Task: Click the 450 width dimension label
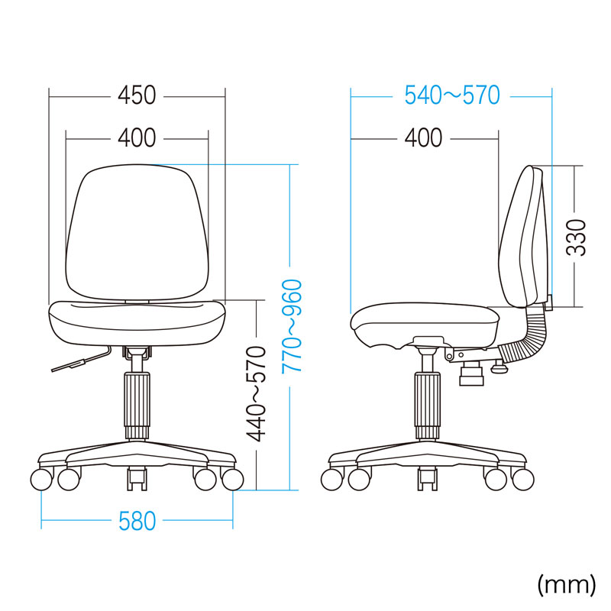click(137, 95)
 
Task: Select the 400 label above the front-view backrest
click(137, 138)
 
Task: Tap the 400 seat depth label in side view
click(423, 138)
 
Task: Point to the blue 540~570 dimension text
click(451, 95)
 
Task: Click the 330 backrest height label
click(579, 238)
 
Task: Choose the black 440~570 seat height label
click(258, 394)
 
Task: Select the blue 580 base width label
click(137, 522)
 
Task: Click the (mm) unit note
click(566, 584)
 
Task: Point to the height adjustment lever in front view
click(80, 362)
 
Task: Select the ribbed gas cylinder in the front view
click(137, 405)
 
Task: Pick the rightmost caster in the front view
click(232, 480)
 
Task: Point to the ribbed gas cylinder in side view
click(428, 405)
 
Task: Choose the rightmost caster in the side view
click(522, 480)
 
